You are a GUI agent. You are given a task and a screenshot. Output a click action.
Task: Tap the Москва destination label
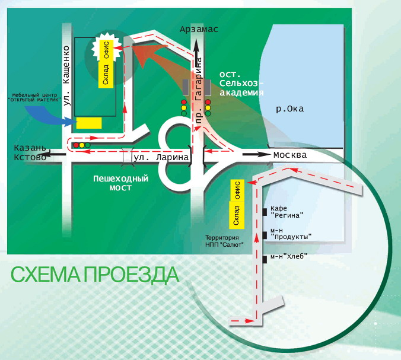[289, 155]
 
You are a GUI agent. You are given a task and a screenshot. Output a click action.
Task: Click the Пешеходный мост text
[121, 183]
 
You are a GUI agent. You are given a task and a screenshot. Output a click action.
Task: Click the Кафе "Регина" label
[287, 212]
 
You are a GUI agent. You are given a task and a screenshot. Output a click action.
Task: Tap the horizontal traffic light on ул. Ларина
[81, 145]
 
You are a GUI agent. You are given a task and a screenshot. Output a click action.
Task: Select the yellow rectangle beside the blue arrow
[88, 123]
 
